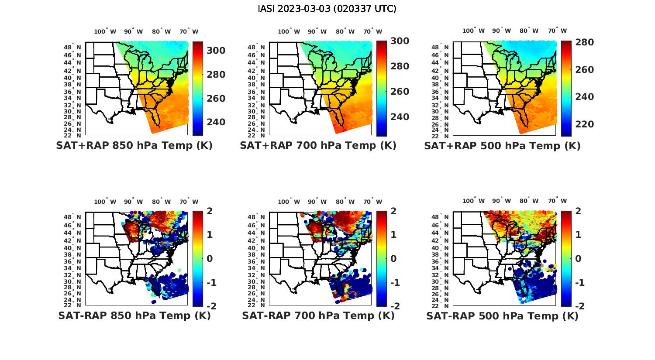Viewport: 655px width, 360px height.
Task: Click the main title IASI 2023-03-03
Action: pos(327,9)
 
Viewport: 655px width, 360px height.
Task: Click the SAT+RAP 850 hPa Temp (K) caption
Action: pos(134,146)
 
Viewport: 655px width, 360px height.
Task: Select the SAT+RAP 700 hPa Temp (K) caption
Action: pos(318,146)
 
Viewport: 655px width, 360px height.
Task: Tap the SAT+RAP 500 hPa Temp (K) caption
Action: pos(502,146)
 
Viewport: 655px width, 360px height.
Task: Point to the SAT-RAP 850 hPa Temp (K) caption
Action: pos(134,315)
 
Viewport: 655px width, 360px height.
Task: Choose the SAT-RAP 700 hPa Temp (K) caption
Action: pos(318,315)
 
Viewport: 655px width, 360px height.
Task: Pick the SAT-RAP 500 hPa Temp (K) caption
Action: pos(502,315)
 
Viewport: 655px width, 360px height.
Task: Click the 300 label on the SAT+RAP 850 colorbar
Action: pos(216,51)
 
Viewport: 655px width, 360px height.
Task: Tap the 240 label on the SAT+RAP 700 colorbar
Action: pos(400,117)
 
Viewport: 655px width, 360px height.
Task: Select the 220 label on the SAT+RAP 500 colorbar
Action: pos(585,124)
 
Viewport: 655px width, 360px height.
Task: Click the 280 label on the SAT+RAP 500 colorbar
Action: pos(585,42)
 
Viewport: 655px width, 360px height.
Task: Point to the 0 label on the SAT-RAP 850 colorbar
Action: pos(209,259)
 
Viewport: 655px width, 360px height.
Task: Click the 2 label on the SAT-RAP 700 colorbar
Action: pos(394,211)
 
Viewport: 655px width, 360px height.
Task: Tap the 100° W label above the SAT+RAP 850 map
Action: pos(105,31)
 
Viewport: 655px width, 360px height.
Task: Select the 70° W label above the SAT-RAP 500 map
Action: pos(557,201)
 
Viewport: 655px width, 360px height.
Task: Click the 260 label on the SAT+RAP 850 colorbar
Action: pos(216,99)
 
